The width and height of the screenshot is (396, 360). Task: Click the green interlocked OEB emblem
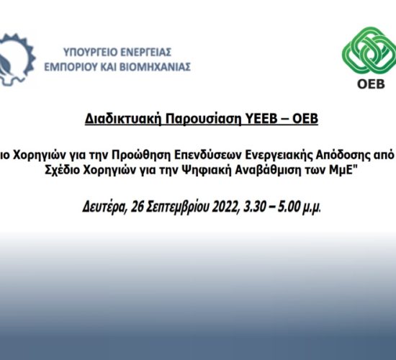(x=369, y=50)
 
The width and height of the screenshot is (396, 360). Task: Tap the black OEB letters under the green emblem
(x=371, y=84)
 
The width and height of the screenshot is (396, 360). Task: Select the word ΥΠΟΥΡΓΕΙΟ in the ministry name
(x=90, y=53)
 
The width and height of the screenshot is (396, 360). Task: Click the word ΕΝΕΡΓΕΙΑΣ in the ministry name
(x=145, y=53)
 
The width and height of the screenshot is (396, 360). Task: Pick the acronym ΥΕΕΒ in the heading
(x=261, y=119)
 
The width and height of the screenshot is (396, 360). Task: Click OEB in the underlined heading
(x=305, y=119)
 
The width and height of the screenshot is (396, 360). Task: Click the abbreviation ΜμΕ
(x=341, y=170)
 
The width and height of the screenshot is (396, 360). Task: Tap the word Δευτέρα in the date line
(x=104, y=207)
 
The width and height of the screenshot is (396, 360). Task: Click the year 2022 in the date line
(x=226, y=207)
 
